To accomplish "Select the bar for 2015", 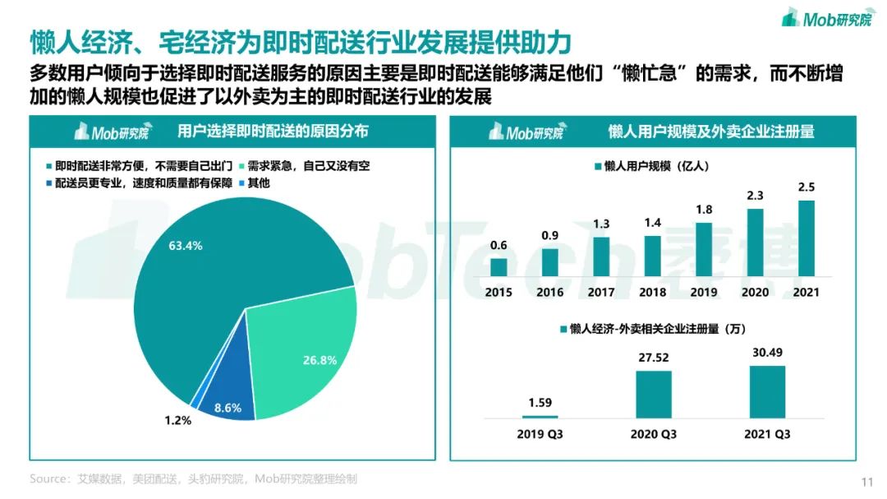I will coord(499,267).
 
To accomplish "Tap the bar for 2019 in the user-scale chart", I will coord(704,249).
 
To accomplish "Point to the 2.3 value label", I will coord(755,195).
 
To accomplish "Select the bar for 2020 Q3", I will coord(654,395).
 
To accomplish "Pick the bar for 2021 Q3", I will coord(767,391).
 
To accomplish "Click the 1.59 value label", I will coord(540,403).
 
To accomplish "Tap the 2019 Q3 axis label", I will coord(540,433).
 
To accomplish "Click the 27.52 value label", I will coord(654,358).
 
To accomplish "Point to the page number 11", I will coord(866,482).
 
